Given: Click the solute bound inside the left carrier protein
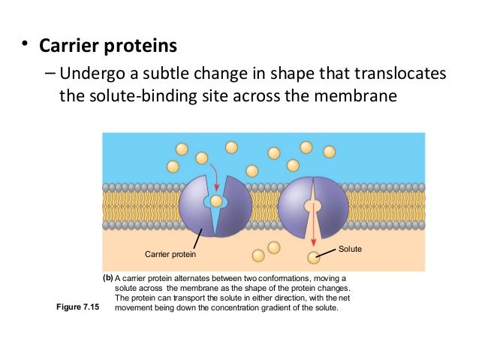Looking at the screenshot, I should pos(216,201).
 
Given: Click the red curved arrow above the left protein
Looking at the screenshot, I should pos(215,172).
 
